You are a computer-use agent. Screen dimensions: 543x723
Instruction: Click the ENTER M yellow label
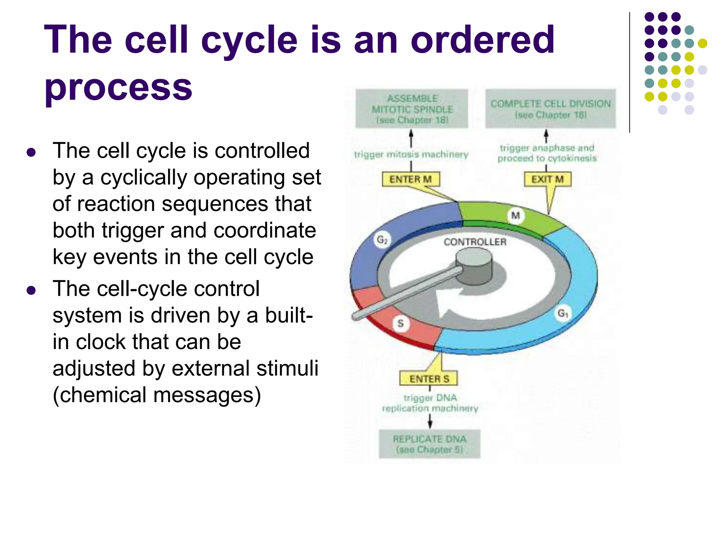tap(411, 179)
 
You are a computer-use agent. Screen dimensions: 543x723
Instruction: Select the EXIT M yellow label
tap(547, 179)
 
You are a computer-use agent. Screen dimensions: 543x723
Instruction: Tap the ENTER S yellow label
tap(429, 379)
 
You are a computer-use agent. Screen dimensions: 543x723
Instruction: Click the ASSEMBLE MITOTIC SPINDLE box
tap(412, 109)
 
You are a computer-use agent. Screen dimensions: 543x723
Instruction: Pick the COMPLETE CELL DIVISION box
tap(550, 109)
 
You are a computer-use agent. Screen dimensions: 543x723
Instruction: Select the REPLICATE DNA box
tap(430, 444)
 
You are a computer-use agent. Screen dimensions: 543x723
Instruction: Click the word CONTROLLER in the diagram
tap(475, 242)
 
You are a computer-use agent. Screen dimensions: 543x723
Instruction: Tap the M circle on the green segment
tap(515, 215)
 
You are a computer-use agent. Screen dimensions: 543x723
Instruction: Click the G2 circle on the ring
tap(382, 240)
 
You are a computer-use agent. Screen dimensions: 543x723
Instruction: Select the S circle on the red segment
tap(400, 323)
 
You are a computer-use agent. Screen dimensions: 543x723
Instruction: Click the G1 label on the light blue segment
tap(563, 313)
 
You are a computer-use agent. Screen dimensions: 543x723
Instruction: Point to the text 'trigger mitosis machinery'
tap(411, 154)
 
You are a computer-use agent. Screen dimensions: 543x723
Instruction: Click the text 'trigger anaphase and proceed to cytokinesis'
tap(547, 153)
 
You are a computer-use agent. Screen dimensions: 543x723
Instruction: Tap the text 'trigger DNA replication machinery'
tap(430, 403)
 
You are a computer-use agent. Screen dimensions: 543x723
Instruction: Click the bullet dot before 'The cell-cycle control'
tap(31, 290)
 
